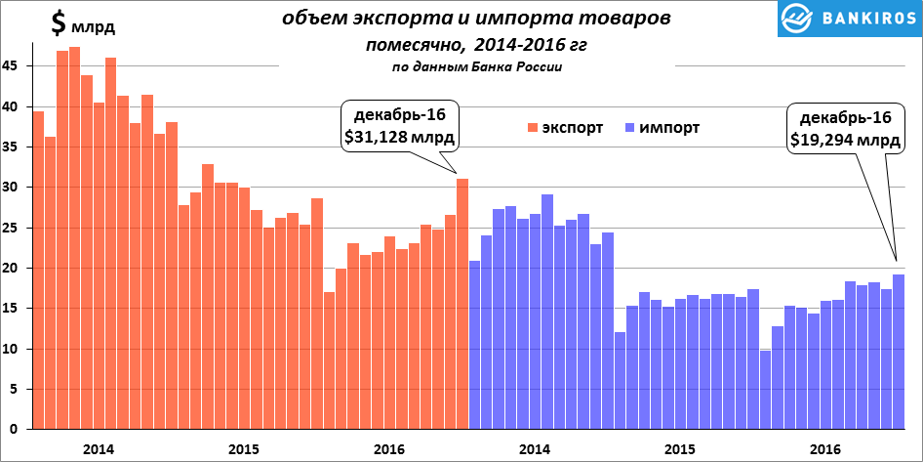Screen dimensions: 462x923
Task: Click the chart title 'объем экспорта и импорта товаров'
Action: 477,20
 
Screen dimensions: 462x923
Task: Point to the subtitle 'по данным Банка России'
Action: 477,66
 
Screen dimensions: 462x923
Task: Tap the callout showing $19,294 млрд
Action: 845,129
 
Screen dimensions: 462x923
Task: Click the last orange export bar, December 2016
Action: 462,304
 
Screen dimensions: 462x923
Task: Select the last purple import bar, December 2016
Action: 899,352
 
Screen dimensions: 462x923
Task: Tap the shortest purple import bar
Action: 765,390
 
